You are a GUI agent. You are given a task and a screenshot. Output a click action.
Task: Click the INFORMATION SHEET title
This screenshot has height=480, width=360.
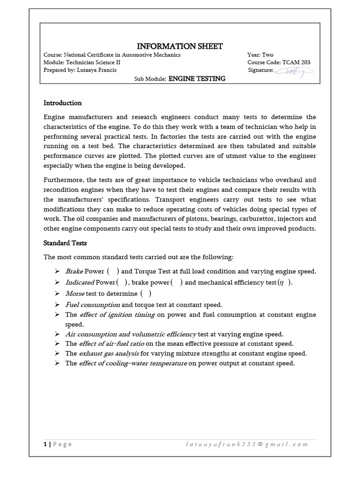(x=180, y=46)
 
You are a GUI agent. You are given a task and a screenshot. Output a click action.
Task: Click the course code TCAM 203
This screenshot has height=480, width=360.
(x=296, y=62)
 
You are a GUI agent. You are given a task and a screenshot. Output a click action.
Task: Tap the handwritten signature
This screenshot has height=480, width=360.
(x=294, y=71)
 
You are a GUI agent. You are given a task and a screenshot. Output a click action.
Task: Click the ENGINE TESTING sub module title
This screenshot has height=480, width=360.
(x=197, y=79)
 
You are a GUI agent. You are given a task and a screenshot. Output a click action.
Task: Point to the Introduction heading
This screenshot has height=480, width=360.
(x=62, y=103)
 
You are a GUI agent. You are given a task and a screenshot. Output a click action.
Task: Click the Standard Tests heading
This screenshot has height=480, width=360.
(x=65, y=243)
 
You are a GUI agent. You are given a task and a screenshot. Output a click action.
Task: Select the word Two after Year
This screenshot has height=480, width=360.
(x=268, y=55)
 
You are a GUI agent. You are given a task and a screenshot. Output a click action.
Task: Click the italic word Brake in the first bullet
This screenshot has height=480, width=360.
(x=74, y=271)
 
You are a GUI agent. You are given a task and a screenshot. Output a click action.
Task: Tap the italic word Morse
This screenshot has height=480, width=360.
(x=75, y=293)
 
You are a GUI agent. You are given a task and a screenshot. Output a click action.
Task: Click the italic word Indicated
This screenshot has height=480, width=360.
(x=80, y=282)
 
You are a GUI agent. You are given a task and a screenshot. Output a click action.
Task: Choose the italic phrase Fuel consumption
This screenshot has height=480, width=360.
(x=92, y=304)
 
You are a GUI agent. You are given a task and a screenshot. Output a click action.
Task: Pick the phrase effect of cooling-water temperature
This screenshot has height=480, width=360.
(x=133, y=363)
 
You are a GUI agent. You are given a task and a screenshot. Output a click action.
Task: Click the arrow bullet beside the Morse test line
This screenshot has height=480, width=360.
(x=57, y=293)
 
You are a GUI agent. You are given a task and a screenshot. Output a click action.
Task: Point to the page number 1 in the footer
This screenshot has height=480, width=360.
(x=45, y=444)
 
